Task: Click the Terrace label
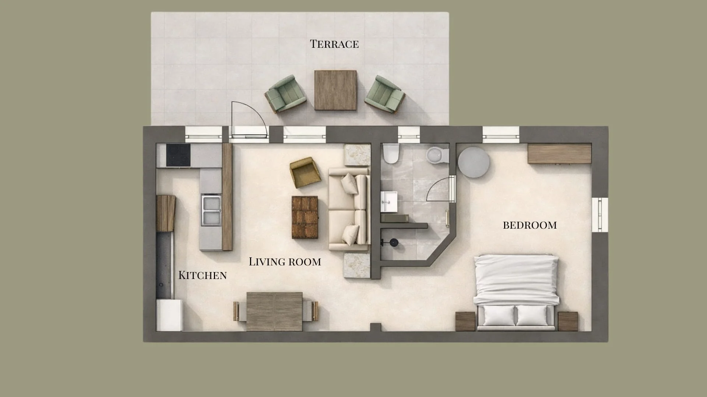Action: [x=334, y=44]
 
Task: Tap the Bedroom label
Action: [x=530, y=225]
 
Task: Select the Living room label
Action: [x=285, y=262]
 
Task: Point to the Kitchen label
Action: [x=202, y=275]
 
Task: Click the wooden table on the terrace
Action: [x=335, y=90]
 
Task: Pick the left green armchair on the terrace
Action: [x=286, y=94]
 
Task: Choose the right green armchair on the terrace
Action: [x=385, y=94]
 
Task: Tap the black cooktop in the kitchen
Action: [x=178, y=155]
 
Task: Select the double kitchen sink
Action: [x=211, y=210]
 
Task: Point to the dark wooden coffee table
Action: [x=305, y=217]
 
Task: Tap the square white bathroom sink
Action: [x=388, y=201]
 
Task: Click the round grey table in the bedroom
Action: [x=474, y=162]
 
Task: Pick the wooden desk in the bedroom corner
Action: [x=559, y=154]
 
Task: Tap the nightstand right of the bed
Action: [x=567, y=321]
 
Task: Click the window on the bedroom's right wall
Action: [x=600, y=215]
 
